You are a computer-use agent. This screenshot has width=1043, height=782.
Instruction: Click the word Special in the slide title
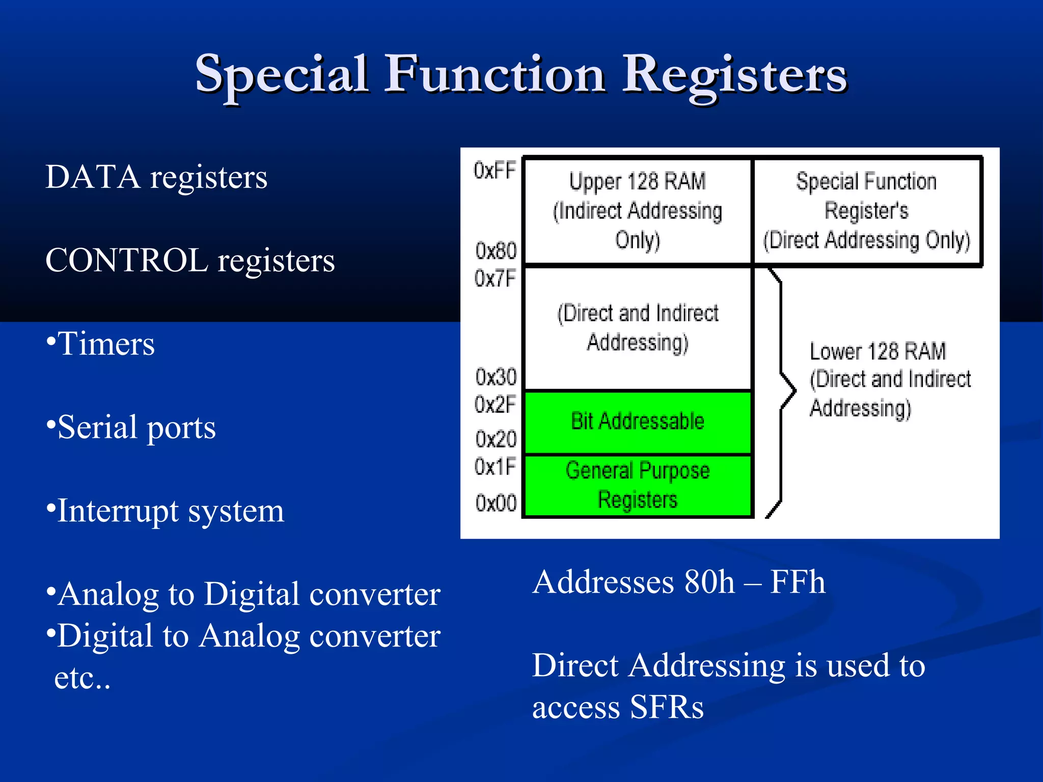click(x=282, y=75)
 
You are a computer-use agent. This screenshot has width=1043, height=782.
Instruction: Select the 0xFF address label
click(x=495, y=171)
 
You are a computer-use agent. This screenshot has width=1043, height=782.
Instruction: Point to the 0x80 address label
click(x=496, y=250)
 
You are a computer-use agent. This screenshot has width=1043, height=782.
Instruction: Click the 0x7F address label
click(x=495, y=278)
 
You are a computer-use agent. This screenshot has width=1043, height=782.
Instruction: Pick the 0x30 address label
click(x=496, y=377)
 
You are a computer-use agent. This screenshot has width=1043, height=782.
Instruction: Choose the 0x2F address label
click(x=495, y=405)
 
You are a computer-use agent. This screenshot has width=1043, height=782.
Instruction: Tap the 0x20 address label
click(x=496, y=439)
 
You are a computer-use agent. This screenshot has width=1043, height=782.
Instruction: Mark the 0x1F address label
click(x=495, y=466)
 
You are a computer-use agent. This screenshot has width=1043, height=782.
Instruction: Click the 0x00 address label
click(x=496, y=503)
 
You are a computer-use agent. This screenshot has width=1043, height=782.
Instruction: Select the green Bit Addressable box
click(x=638, y=422)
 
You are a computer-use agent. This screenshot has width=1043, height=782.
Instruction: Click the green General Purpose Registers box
click(x=638, y=485)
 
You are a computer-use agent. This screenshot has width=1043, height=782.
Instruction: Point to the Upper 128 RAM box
click(x=638, y=211)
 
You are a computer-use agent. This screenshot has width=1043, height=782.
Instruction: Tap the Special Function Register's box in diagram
click(x=867, y=211)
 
